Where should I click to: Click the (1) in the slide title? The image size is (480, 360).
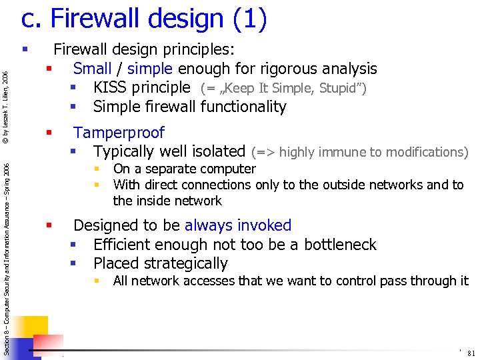pos(250,19)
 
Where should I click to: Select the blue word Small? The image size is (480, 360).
pos(93,69)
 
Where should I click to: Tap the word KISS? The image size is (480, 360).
pos(111,87)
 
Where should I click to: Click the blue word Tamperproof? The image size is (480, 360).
pos(119,133)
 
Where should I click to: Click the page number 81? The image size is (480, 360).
pos(471,353)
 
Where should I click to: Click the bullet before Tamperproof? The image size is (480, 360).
pos(49,133)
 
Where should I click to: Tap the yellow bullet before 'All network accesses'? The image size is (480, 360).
pos(97,281)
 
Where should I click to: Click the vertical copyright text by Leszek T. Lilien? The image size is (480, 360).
pos(5,107)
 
